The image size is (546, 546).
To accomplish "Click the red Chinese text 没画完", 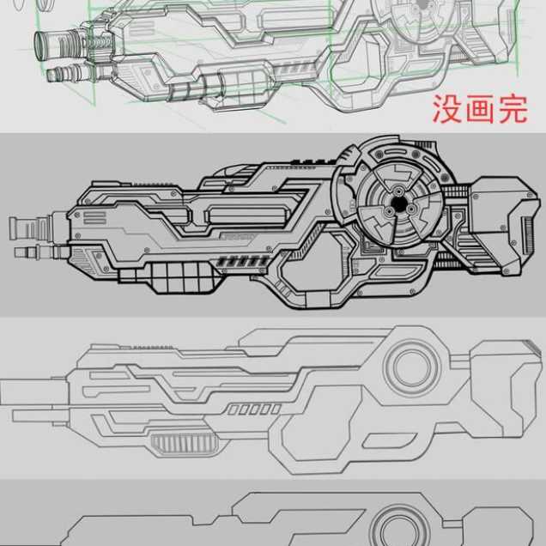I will tap(479, 110).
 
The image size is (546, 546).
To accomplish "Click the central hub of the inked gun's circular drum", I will tap(398, 206).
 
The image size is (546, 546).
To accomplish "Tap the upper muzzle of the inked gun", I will tap(23, 227).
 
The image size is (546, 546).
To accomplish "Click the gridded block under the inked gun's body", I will tap(182, 278).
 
